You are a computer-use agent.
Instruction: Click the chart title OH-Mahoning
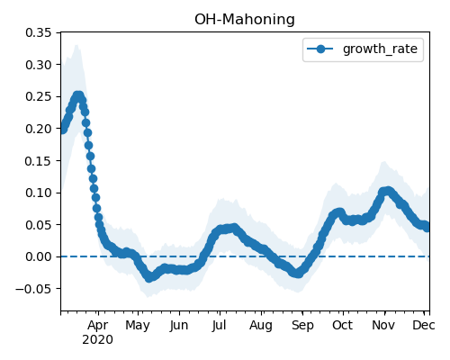tap(245, 20)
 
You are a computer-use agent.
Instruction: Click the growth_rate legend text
tap(380, 49)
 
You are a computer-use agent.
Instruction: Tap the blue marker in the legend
tap(320, 49)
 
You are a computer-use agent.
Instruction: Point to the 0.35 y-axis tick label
tap(38, 32)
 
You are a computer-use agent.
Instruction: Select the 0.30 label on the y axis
tap(38, 65)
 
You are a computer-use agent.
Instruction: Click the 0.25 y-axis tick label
tap(38, 96)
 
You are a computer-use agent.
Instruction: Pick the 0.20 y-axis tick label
tap(38, 129)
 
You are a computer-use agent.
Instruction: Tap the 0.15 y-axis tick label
tap(38, 161)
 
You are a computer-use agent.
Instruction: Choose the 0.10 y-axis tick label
tap(38, 193)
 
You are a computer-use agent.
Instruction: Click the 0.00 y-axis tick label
tap(38, 256)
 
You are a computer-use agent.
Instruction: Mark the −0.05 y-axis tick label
tap(33, 289)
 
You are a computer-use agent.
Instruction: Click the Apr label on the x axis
tap(98, 326)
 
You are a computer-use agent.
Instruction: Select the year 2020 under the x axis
tap(98, 340)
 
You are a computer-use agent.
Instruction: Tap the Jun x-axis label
tap(179, 326)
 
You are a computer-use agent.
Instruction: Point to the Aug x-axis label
tap(261, 326)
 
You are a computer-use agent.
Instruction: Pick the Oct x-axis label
tap(342, 325)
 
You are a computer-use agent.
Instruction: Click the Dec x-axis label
tap(424, 325)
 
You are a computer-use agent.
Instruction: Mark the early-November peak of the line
tap(386, 191)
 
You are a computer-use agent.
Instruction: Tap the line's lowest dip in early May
tap(149, 277)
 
